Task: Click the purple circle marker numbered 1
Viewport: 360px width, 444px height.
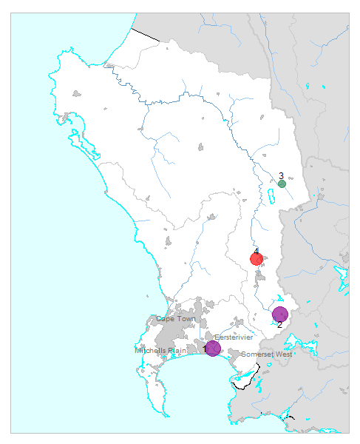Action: [213, 348]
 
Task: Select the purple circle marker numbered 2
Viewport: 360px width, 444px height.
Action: [279, 314]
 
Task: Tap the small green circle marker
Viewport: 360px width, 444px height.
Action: [282, 184]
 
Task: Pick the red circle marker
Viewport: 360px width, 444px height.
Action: [257, 259]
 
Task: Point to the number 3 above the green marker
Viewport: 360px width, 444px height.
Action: [282, 176]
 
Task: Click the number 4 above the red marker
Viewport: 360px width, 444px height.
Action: [257, 252]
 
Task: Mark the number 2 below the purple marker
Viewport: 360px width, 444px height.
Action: [279, 326]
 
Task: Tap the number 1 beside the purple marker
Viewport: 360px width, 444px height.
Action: [205, 349]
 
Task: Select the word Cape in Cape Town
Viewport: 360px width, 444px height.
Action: [166, 319]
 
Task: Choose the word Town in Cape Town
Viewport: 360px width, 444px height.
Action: [186, 319]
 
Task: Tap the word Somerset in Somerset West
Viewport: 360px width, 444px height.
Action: [259, 354]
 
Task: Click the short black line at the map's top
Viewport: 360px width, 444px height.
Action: [146, 33]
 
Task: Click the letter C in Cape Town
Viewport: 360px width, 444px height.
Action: [158, 319]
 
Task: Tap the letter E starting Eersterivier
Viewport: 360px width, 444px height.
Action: [217, 337]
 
